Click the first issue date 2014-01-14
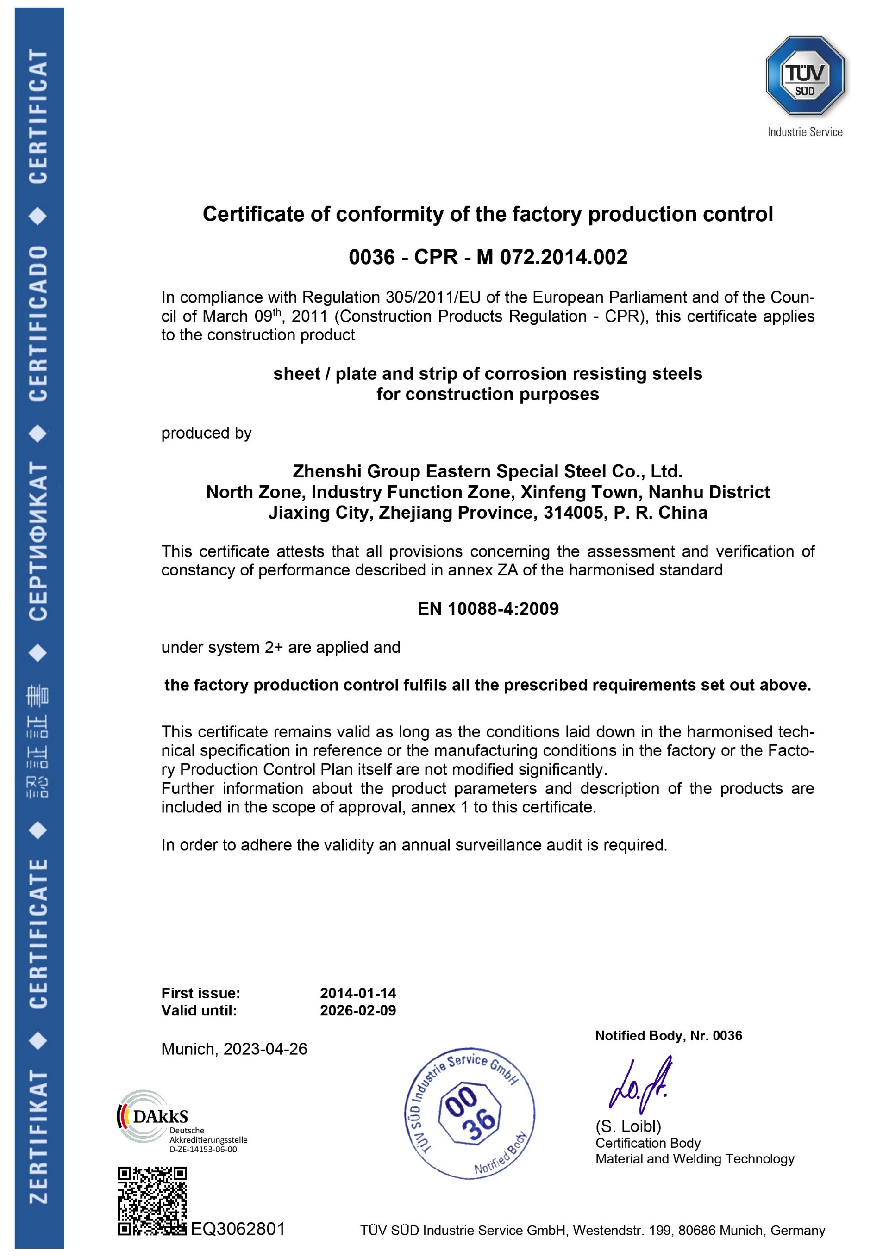click(x=358, y=993)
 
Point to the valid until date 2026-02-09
click(x=358, y=1010)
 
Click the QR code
click(x=152, y=1201)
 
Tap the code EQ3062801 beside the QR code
click(x=238, y=1229)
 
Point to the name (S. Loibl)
click(x=628, y=1126)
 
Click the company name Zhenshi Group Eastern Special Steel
click(x=487, y=471)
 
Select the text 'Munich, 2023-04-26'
click(x=234, y=1049)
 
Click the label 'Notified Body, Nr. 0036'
click(x=669, y=1035)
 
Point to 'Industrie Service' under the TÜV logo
click(x=805, y=132)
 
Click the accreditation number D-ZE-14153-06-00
click(x=203, y=1149)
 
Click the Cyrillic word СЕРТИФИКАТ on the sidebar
click(x=38, y=542)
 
